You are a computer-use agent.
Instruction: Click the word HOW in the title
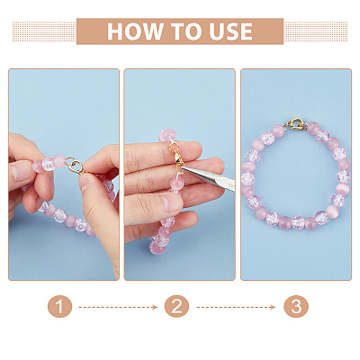tap(135, 31)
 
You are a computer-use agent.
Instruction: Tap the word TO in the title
tap(186, 31)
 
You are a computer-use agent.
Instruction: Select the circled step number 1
tap(59, 307)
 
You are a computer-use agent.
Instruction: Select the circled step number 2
tap(176, 307)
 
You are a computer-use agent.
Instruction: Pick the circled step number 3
tap(296, 307)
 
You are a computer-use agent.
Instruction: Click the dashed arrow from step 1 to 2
tap(118, 307)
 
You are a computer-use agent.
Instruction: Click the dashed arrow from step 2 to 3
tap(236, 307)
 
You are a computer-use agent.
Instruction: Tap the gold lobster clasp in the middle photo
tap(177, 157)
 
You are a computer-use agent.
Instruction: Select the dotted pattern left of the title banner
tap(44, 31)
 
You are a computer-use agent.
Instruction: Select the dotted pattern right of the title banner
tap(316, 31)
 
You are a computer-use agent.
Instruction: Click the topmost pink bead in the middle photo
tap(166, 136)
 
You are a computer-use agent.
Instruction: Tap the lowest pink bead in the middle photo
tap(157, 247)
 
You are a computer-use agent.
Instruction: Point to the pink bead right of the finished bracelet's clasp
tap(313, 128)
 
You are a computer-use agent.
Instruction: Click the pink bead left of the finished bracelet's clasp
tap(278, 131)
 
